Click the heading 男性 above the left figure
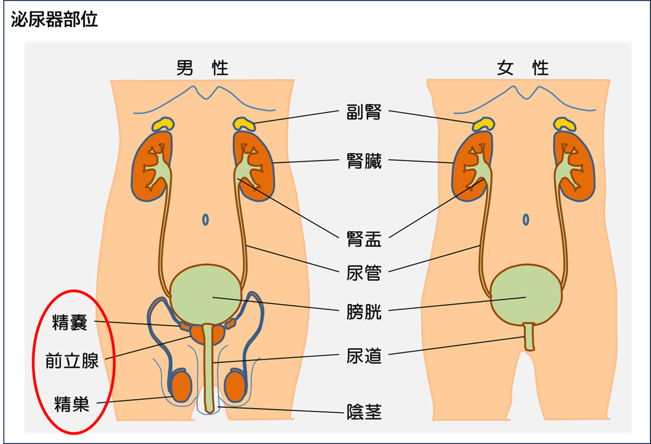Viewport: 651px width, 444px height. [202, 68]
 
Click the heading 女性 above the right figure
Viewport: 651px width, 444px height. [522, 68]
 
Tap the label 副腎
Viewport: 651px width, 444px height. [364, 113]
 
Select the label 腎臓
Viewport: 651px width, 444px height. [364, 162]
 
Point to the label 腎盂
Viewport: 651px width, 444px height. [364, 240]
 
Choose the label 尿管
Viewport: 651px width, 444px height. [364, 273]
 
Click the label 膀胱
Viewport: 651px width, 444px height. [364, 312]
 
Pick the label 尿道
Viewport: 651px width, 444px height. [364, 356]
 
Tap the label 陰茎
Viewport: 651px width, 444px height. [364, 412]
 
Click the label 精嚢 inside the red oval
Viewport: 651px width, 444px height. [70, 322]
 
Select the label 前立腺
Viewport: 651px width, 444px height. [72, 361]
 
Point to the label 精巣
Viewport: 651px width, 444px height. [72, 404]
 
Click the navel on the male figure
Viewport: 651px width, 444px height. [206, 219]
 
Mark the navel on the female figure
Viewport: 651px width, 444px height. [526, 219]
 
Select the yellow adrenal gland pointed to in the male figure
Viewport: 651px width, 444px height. [245, 123]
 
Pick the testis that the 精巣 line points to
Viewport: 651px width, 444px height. [181, 385]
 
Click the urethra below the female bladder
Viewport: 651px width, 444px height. [530, 336]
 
